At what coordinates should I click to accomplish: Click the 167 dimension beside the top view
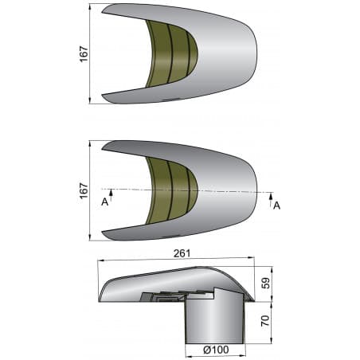click(84, 53)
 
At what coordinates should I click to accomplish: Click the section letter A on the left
click(104, 202)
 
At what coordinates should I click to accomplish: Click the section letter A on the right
click(276, 205)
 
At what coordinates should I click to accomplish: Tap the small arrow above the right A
click(271, 194)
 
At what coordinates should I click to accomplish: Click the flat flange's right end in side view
click(253, 302)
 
